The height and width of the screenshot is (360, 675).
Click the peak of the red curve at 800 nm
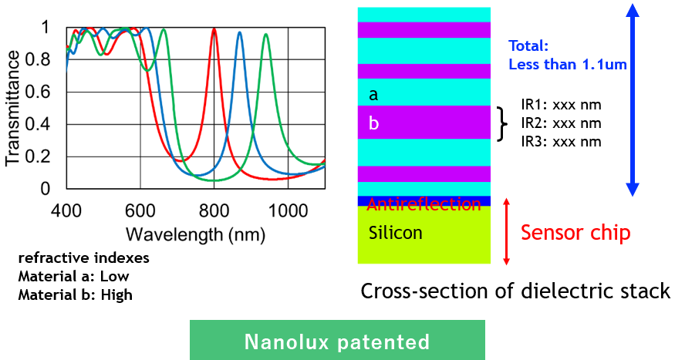coord(214,29)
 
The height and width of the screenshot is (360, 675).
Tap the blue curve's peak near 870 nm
coord(239,32)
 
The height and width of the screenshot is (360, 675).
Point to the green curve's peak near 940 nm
coord(265,35)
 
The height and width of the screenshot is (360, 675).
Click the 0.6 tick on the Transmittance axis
coord(38,92)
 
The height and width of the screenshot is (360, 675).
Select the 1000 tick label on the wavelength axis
coord(288,210)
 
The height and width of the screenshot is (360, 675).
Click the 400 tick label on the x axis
coord(66,210)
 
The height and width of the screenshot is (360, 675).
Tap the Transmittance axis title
coord(12,108)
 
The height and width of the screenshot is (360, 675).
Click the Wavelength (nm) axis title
coord(195,234)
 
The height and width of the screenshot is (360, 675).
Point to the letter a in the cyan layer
coord(373,95)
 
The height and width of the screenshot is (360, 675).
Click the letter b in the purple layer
coord(373,123)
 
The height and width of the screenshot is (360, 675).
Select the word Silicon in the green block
coord(395,233)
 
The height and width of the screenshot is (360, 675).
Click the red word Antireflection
coord(424,204)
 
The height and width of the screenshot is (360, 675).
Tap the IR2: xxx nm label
coord(561,123)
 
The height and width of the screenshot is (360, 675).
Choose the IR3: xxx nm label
coord(561,142)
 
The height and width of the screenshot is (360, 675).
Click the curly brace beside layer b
coord(502,124)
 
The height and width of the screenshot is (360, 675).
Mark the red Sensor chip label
coord(575,233)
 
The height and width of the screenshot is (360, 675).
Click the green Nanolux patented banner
coord(338,340)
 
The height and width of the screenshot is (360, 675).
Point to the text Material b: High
coord(76,294)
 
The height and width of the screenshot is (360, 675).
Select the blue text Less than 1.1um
coord(568,65)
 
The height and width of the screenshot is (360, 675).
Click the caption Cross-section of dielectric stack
coord(515,291)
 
